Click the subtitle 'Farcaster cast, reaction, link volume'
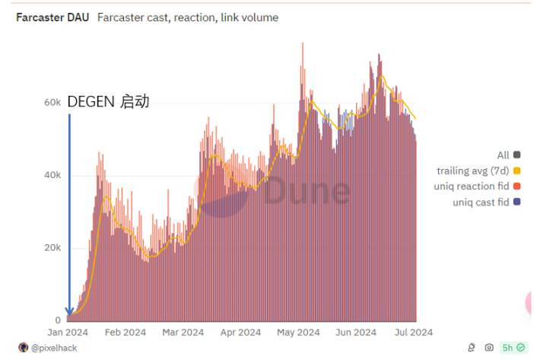tap(188, 18)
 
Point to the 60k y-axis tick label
tap(52, 102)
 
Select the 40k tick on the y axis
tap(52, 175)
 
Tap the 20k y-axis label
tap(52, 248)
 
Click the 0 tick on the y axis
tap(58, 320)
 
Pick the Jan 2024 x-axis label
tap(67, 333)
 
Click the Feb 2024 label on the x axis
tap(125, 333)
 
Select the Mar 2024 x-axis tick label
tap(183, 333)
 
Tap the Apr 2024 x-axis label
tap(240, 333)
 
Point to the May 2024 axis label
tap(298, 333)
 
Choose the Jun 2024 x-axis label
tap(356, 333)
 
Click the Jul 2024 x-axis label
tap(414, 333)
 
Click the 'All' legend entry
tap(504, 155)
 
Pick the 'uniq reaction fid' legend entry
tap(472, 186)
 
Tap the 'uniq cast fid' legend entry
tap(480, 202)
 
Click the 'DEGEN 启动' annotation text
tap(108, 102)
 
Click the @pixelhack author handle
tap(53, 348)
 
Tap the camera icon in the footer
tap(488, 348)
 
